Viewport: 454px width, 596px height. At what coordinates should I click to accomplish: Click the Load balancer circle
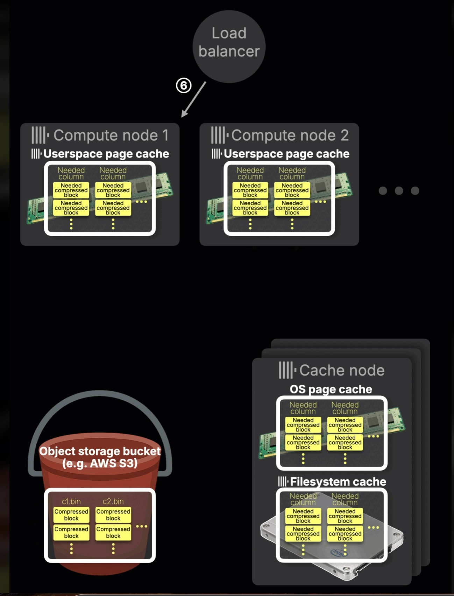(x=229, y=46)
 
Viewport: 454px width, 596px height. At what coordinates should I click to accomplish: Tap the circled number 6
(x=184, y=86)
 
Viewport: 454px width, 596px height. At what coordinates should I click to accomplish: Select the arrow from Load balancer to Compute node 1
(x=193, y=100)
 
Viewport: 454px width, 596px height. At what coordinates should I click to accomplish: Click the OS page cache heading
(x=331, y=389)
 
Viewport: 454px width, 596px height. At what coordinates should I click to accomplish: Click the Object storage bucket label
(x=100, y=457)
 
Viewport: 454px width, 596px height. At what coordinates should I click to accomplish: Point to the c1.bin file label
(x=71, y=501)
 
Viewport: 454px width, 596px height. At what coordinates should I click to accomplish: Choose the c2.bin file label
(x=113, y=501)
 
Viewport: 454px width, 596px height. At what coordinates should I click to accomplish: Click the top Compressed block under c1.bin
(x=71, y=515)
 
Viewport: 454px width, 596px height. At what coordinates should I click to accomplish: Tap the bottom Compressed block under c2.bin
(x=113, y=532)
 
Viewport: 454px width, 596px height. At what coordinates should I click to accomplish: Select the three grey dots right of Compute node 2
(x=399, y=191)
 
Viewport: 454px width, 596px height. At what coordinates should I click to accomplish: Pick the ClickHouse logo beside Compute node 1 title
(x=40, y=135)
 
